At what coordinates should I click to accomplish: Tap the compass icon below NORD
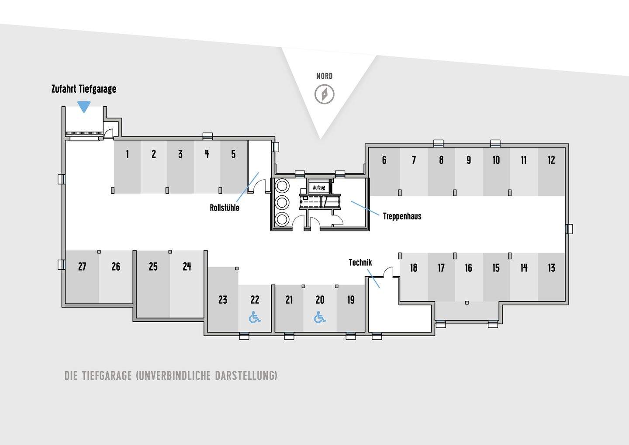pos(325,94)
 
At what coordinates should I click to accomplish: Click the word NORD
pos(325,76)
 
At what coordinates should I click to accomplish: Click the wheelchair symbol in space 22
pos(255,317)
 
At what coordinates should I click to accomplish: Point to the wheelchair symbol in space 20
pos(320,317)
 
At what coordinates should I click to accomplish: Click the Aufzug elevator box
pos(319,188)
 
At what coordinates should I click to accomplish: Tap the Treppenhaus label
pos(402,216)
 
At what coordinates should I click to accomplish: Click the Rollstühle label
pos(225,208)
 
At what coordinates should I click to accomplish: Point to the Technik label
pos(360,262)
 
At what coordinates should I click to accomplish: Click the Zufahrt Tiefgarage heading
pos(84,89)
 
